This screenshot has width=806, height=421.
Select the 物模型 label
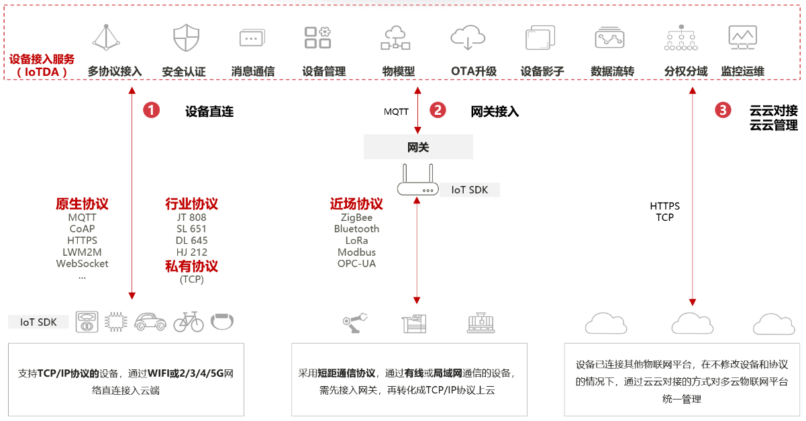click(398, 71)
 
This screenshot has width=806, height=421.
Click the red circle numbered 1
click(151, 110)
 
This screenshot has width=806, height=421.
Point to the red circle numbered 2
click(438, 110)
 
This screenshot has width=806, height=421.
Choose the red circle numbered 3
click(723, 110)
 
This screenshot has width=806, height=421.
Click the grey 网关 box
click(418, 147)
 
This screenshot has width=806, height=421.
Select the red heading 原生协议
click(82, 203)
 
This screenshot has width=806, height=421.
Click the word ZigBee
click(356, 218)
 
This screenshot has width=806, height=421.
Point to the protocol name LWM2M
click(82, 252)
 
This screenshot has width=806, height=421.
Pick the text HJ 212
click(191, 252)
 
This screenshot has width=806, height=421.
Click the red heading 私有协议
click(191, 266)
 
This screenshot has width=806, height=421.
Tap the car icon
click(150, 322)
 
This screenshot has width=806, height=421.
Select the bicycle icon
click(189, 322)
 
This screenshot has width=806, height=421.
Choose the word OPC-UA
click(356, 263)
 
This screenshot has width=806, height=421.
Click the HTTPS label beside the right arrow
click(664, 206)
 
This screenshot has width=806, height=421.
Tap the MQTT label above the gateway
click(396, 111)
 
